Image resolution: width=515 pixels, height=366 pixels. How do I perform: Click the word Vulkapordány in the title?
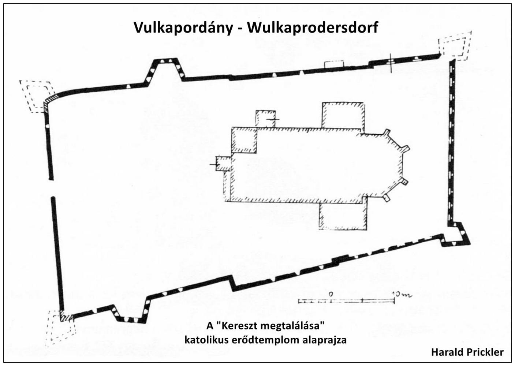click(183, 28)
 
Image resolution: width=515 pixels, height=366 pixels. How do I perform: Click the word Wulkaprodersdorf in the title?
click(313, 27)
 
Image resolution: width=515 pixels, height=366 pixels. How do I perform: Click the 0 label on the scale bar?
click(331, 294)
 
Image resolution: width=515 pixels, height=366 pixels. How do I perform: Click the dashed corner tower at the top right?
click(455, 46)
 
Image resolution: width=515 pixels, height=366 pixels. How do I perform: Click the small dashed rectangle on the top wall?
click(334, 64)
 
